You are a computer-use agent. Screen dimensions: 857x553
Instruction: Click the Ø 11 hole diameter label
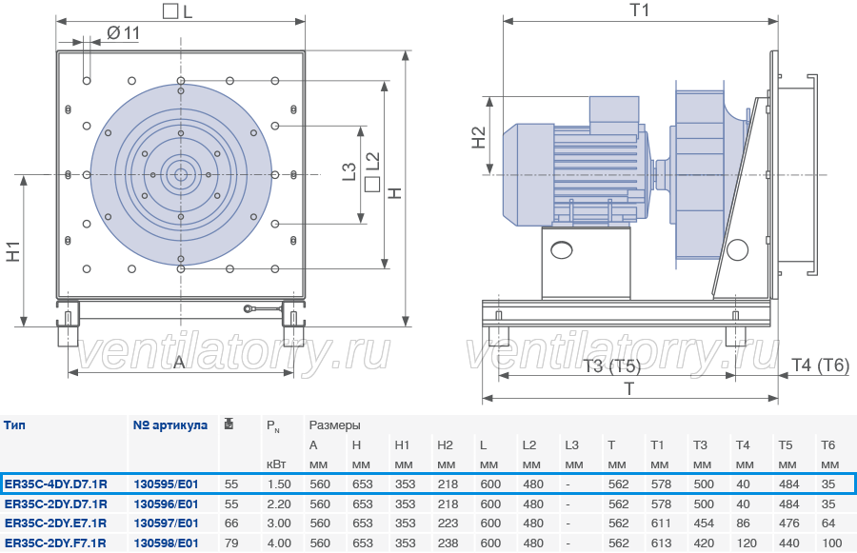(x=123, y=33)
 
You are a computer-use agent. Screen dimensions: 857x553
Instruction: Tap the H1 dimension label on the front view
(x=13, y=251)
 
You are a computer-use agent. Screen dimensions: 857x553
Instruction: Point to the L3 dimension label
(x=349, y=171)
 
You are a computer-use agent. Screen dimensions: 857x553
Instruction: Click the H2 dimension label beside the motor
(x=478, y=137)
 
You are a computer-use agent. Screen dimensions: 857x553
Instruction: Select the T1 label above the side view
(x=640, y=10)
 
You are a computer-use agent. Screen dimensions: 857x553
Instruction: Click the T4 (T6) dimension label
(x=821, y=365)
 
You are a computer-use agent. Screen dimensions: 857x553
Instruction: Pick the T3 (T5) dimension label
(x=611, y=365)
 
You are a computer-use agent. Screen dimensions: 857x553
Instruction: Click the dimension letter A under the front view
(x=179, y=362)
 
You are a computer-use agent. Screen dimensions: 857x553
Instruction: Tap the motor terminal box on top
(x=614, y=114)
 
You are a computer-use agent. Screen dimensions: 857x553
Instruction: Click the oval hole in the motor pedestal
(x=562, y=250)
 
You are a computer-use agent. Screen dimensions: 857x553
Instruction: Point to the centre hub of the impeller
(x=180, y=175)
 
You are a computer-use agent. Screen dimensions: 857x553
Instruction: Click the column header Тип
(x=14, y=425)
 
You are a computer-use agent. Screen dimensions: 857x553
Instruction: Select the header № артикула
(x=170, y=425)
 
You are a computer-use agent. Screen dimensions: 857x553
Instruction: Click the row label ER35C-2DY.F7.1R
(x=55, y=543)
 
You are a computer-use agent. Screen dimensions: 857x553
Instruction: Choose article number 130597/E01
(x=166, y=523)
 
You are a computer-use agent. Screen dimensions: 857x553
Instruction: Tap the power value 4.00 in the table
(x=279, y=543)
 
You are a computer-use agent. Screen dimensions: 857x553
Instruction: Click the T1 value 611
(x=661, y=523)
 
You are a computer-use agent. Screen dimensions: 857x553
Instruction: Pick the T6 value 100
(x=831, y=543)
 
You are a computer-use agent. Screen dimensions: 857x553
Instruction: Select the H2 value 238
(x=448, y=543)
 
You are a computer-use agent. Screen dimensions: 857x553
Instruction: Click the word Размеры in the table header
(x=334, y=425)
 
